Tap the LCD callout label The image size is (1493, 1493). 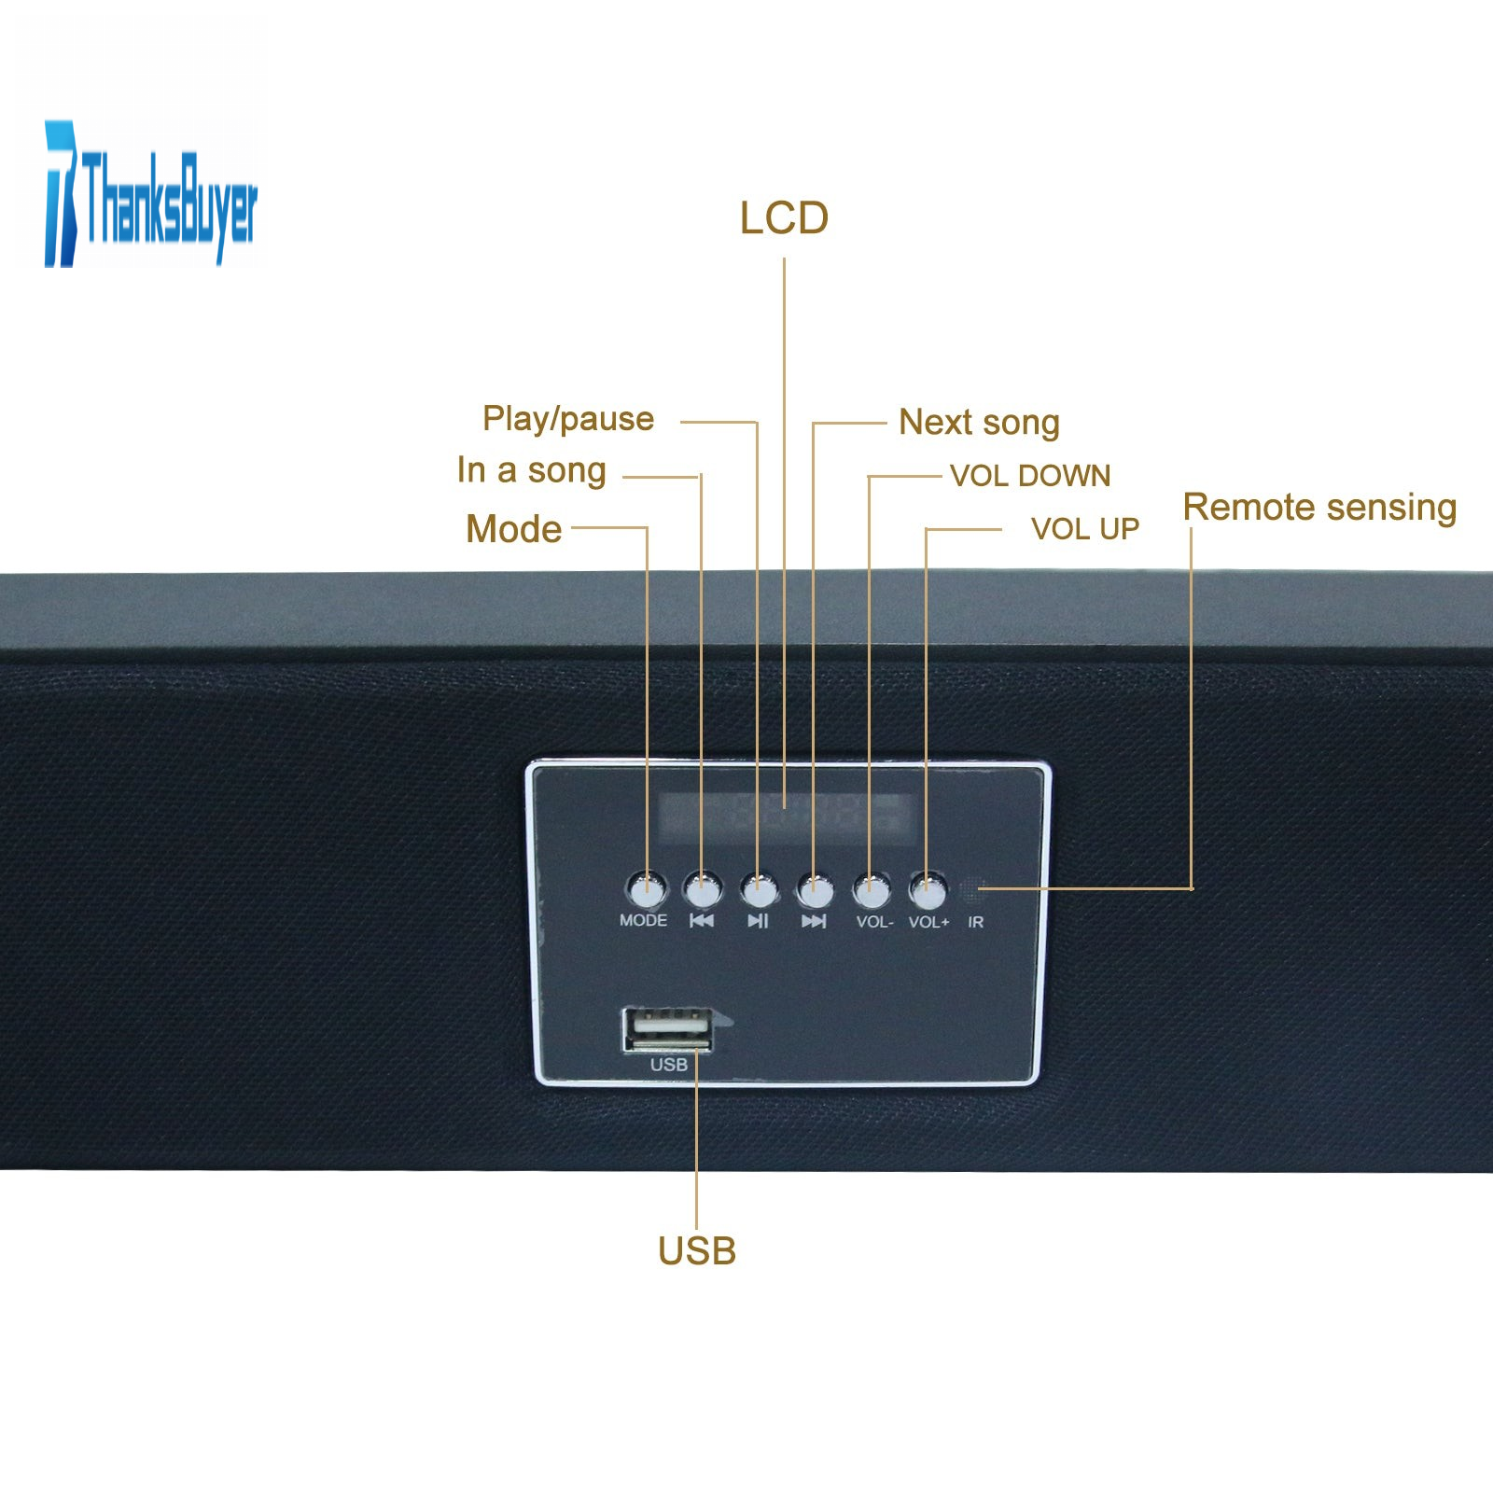tap(784, 218)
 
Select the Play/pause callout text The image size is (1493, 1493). tap(568, 419)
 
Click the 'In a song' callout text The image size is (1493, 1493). tap(532, 470)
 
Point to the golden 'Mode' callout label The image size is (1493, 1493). tap(514, 529)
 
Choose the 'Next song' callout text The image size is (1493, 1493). tap(979, 422)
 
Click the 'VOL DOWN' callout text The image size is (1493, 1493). tap(1030, 476)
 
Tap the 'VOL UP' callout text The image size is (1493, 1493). tap(1085, 529)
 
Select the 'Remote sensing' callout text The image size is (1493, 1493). tap(1319, 508)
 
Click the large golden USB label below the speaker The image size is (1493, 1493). tap(697, 1251)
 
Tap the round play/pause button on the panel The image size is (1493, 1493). tap(759, 889)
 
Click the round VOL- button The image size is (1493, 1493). tap(872, 890)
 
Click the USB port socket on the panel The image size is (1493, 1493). tap(668, 1030)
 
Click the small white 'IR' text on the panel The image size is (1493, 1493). tap(975, 922)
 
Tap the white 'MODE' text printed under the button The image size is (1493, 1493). tap(643, 920)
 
